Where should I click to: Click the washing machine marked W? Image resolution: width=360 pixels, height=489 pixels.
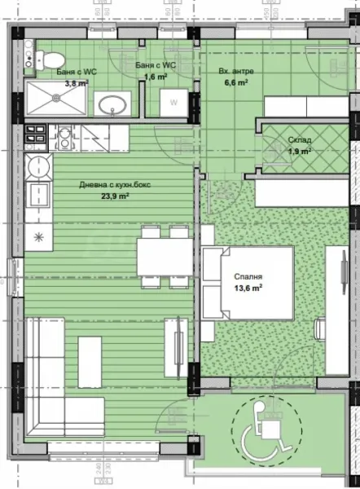tap(174, 102)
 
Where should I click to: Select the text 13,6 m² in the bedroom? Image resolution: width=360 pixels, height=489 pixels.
tap(248, 288)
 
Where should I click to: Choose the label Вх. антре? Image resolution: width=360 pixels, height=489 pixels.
tap(237, 71)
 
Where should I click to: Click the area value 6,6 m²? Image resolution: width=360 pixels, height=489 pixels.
tap(235, 82)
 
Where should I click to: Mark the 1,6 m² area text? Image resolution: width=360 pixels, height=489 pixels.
tap(156, 77)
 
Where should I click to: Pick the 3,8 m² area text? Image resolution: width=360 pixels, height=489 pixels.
tap(75, 82)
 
